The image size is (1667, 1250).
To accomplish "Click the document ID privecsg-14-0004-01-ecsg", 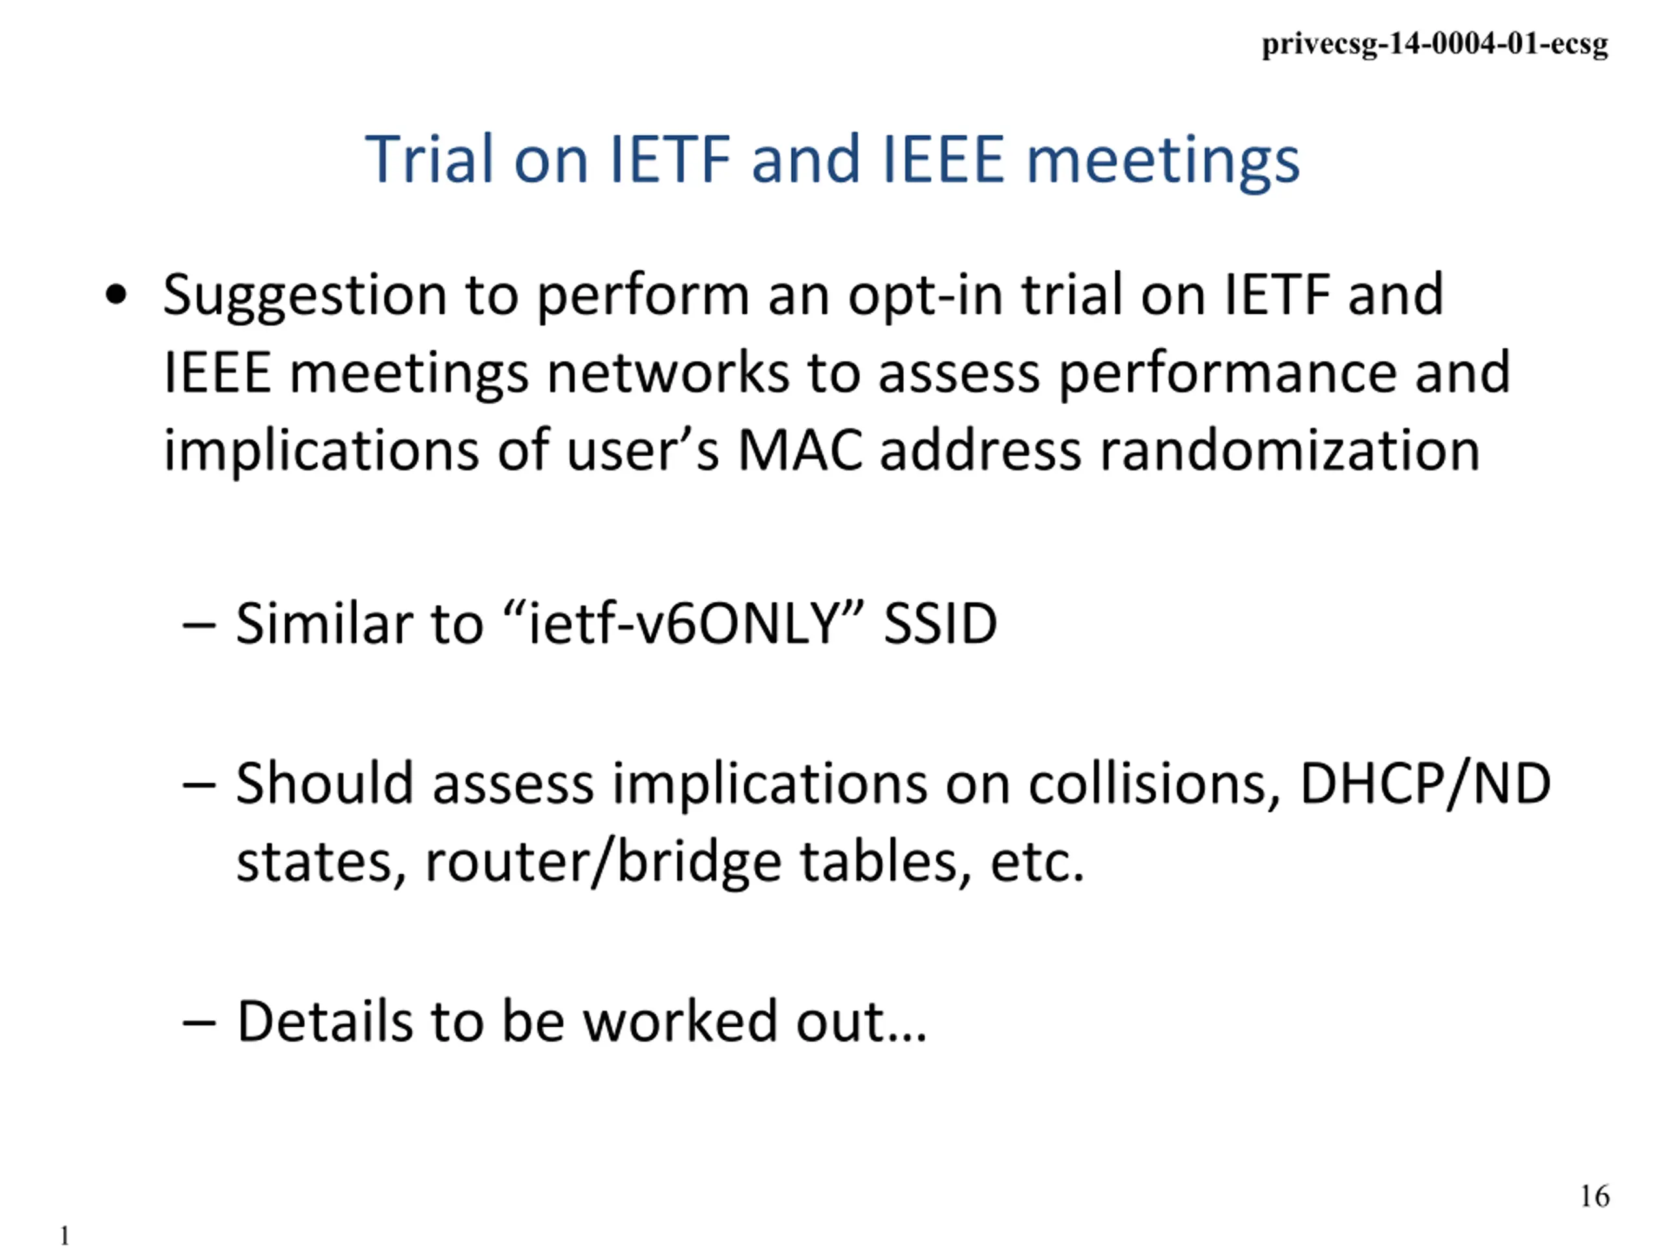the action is [x=1435, y=44].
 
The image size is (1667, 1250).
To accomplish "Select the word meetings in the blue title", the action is [x=1163, y=163].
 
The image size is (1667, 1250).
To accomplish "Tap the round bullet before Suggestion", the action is [x=116, y=295].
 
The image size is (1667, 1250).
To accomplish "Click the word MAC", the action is [x=799, y=450].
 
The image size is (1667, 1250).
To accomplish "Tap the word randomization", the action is [x=1289, y=450].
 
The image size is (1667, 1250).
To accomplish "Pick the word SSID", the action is [x=940, y=624].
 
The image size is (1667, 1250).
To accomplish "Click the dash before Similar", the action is [x=199, y=626].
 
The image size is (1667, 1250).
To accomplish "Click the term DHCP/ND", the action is [x=1425, y=785].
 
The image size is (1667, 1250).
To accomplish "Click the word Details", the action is [x=325, y=1021].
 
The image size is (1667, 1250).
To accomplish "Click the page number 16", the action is [x=1595, y=1197].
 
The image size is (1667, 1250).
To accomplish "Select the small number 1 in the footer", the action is [x=65, y=1236].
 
